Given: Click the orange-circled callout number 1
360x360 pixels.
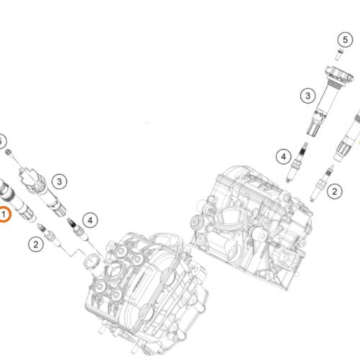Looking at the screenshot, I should pyautogui.click(x=4, y=214).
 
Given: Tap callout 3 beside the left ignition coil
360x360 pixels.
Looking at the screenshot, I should pyautogui.click(x=60, y=181).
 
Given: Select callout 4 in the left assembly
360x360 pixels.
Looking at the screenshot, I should pyautogui.click(x=89, y=219).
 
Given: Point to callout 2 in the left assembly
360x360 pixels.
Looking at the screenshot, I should pyautogui.click(x=35, y=243).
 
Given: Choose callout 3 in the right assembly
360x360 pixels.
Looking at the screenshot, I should pyautogui.click(x=307, y=94).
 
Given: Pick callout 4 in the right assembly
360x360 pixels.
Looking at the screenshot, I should pyautogui.click(x=284, y=156).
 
